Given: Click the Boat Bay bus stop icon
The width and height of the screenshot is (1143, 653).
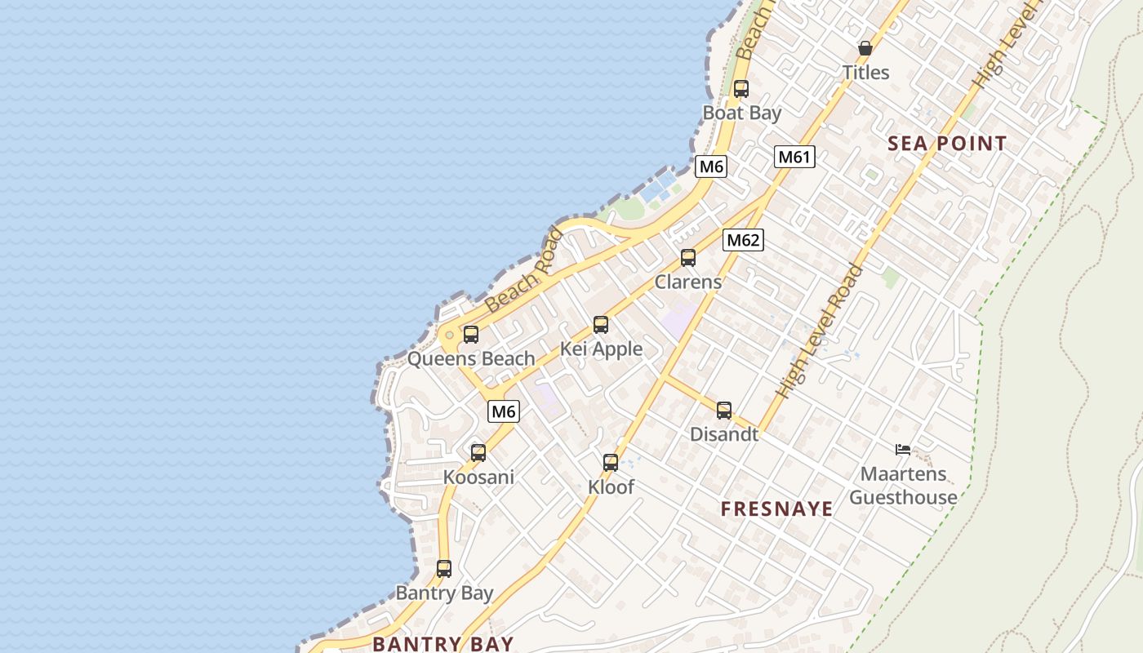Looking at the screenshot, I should tap(741, 89).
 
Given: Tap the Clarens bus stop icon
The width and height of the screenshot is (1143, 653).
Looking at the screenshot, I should tap(688, 258).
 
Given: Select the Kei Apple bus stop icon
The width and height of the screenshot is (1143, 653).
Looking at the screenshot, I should tap(601, 325).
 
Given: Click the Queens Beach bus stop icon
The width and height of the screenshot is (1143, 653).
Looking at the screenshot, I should tap(471, 334).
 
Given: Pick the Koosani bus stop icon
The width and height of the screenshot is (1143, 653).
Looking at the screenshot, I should tap(478, 452).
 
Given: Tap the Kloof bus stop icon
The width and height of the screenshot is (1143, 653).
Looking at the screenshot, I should tap(611, 463).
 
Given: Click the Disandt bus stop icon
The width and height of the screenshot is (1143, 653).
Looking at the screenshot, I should tap(724, 411).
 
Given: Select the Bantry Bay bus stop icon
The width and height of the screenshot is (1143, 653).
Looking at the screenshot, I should tap(444, 569).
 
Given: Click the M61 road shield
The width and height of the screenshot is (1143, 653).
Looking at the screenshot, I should tap(794, 157).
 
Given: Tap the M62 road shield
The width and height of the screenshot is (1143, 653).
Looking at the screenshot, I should tap(743, 240).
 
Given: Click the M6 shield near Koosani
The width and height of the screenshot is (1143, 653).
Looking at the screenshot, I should tap(504, 411).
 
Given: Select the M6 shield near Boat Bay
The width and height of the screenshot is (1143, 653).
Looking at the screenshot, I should tap(711, 167).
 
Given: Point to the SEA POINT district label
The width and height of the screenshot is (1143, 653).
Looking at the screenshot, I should tap(947, 144).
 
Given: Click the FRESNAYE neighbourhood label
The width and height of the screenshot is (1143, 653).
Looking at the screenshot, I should tap(776, 509).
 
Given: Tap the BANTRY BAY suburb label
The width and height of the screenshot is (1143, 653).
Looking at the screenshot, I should tap(443, 643).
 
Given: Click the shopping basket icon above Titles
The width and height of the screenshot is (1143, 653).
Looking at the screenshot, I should tap(865, 49).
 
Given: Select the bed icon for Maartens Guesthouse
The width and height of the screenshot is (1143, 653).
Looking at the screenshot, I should tap(903, 449).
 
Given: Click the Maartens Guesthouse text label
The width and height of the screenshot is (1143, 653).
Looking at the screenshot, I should tap(904, 486).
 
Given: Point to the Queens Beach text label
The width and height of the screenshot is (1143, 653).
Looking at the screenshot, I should tap(471, 358).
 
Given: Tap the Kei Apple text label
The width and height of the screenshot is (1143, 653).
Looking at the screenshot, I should tap(601, 349).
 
